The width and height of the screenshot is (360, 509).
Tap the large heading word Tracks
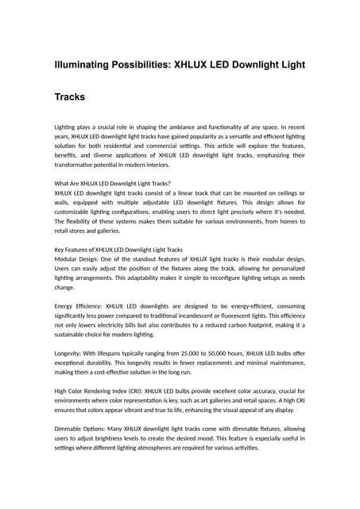point(70,97)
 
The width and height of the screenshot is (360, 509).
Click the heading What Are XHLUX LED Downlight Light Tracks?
point(107,183)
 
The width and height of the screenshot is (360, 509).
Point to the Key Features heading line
point(118,249)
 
